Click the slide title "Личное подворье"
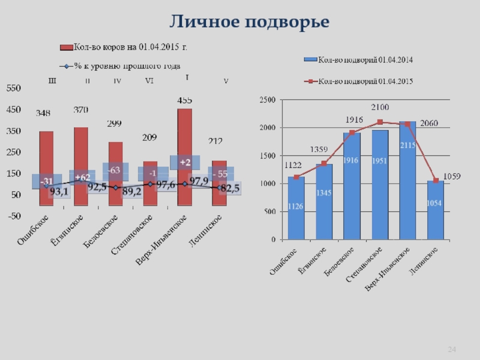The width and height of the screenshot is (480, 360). click(x=249, y=22)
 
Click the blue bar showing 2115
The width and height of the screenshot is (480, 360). click(x=407, y=180)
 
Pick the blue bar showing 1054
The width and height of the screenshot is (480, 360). click(x=436, y=210)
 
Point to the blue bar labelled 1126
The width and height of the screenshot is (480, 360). click(x=296, y=208)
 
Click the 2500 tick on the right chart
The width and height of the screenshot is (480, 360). click(x=268, y=100)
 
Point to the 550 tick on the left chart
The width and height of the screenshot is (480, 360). click(x=13, y=88)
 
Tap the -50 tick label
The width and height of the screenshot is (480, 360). click(x=13, y=216)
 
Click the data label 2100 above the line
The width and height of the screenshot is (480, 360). click(x=379, y=107)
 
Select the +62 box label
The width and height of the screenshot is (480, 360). click(x=82, y=178)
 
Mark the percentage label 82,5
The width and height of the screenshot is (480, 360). click(x=230, y=188)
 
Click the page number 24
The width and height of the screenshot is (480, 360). click(x=452, y=350)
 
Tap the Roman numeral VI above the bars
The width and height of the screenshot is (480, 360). click(x=149, y=81)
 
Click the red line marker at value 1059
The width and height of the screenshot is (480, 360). click(x=436, y=181)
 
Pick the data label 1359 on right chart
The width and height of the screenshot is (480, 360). click(x=319, y=149)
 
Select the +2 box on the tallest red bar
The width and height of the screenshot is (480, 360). click(x=185, y=163)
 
